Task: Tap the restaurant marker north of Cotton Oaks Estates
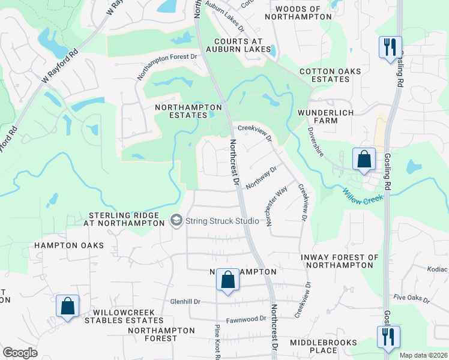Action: [x=390, y=46]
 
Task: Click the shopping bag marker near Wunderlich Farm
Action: [x=364, y=159]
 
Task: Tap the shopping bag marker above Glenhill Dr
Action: [x=228, y=280]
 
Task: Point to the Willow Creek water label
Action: [x=363, y=196]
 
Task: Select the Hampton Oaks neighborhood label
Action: [x=69, y=245]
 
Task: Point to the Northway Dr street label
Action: [x=261, y=178]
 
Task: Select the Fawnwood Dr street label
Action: [x=246, y=320]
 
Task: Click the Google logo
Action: [x=20, y=353]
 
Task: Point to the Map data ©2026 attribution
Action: [x=423, y=355]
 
